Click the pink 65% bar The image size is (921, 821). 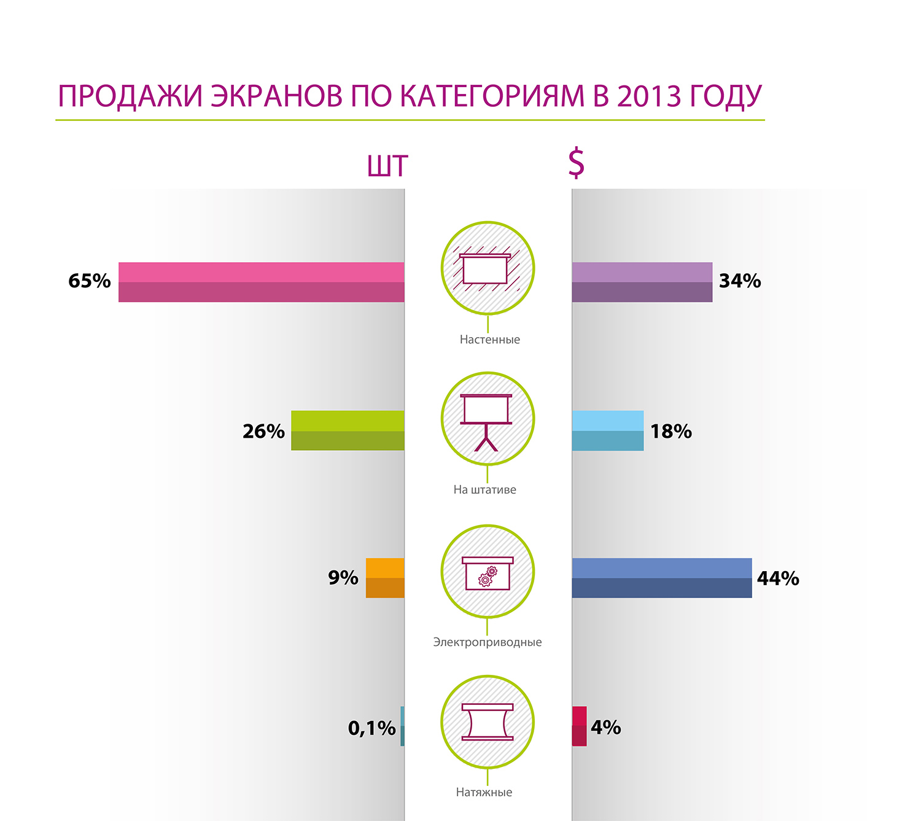(261, 282)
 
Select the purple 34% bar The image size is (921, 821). (642, 282)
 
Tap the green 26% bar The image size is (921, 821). (348, 430)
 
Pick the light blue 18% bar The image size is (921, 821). (607, 430)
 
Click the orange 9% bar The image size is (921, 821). (385, 578)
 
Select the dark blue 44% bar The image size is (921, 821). (661, 578)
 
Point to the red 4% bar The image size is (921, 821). (579, 726)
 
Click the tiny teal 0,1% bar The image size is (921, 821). (402, 726)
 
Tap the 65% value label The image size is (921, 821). (90, 281)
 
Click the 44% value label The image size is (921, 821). (778, 578)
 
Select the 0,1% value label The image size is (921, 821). (371, 728)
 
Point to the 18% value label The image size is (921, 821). (671, 432)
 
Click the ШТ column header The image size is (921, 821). (387, 166)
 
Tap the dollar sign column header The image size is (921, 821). (576, 163)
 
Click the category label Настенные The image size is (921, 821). (489, 340)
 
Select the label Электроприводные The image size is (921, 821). (488, 642)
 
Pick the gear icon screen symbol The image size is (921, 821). (488, 572)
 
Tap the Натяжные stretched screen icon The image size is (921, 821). (487, 722)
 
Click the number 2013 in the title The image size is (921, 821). (649, 96)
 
